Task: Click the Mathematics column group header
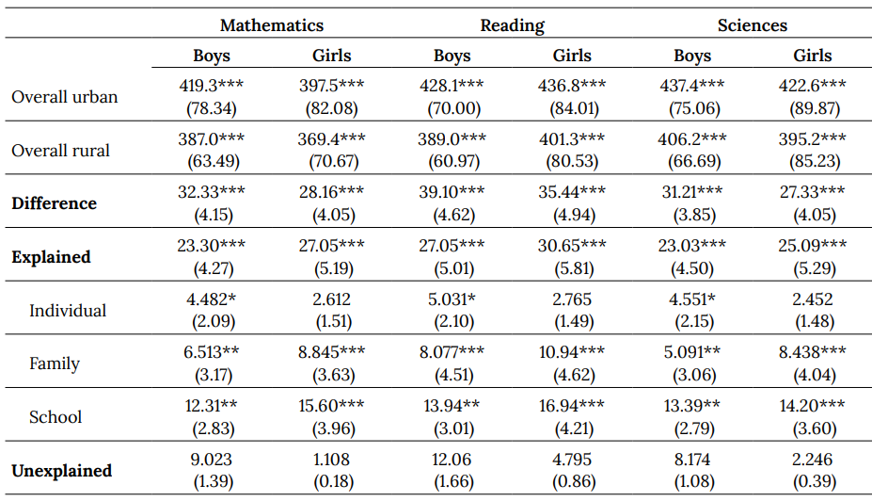pyautogui.click(x=272, y=25)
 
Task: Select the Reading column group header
pyautogui.click(x=512, y=25)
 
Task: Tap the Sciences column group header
pyautogui.click(x=752, y=25)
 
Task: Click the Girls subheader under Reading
pyautogui.click(x=572, y=56)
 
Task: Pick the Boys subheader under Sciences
pyautogui.click(x=692, y=56)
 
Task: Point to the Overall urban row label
pyautogui.click(x=65, y=97)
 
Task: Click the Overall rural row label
pyautogui.click(x=61, y=151)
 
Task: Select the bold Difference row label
pyautogui.click(x=54, y=203)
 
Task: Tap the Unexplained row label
pyautogui.click(x=62, y=470)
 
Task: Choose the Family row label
pyautogui.click(x=55, y=364)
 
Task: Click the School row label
pyautogui.click(x=55, y=417)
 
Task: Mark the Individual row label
pyautogui.click(x=68, y=311)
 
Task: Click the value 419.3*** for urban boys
pyautogui.click(x=212, y=86)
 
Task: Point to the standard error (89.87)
pyautogui.click(x=813, y=107)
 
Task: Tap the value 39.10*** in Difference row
pyautogui.click(x=452, y=192)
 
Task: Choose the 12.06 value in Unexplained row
pyautogui.click(x=452, y=460)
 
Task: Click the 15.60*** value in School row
pyautogui.click(x=332, y=406)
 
